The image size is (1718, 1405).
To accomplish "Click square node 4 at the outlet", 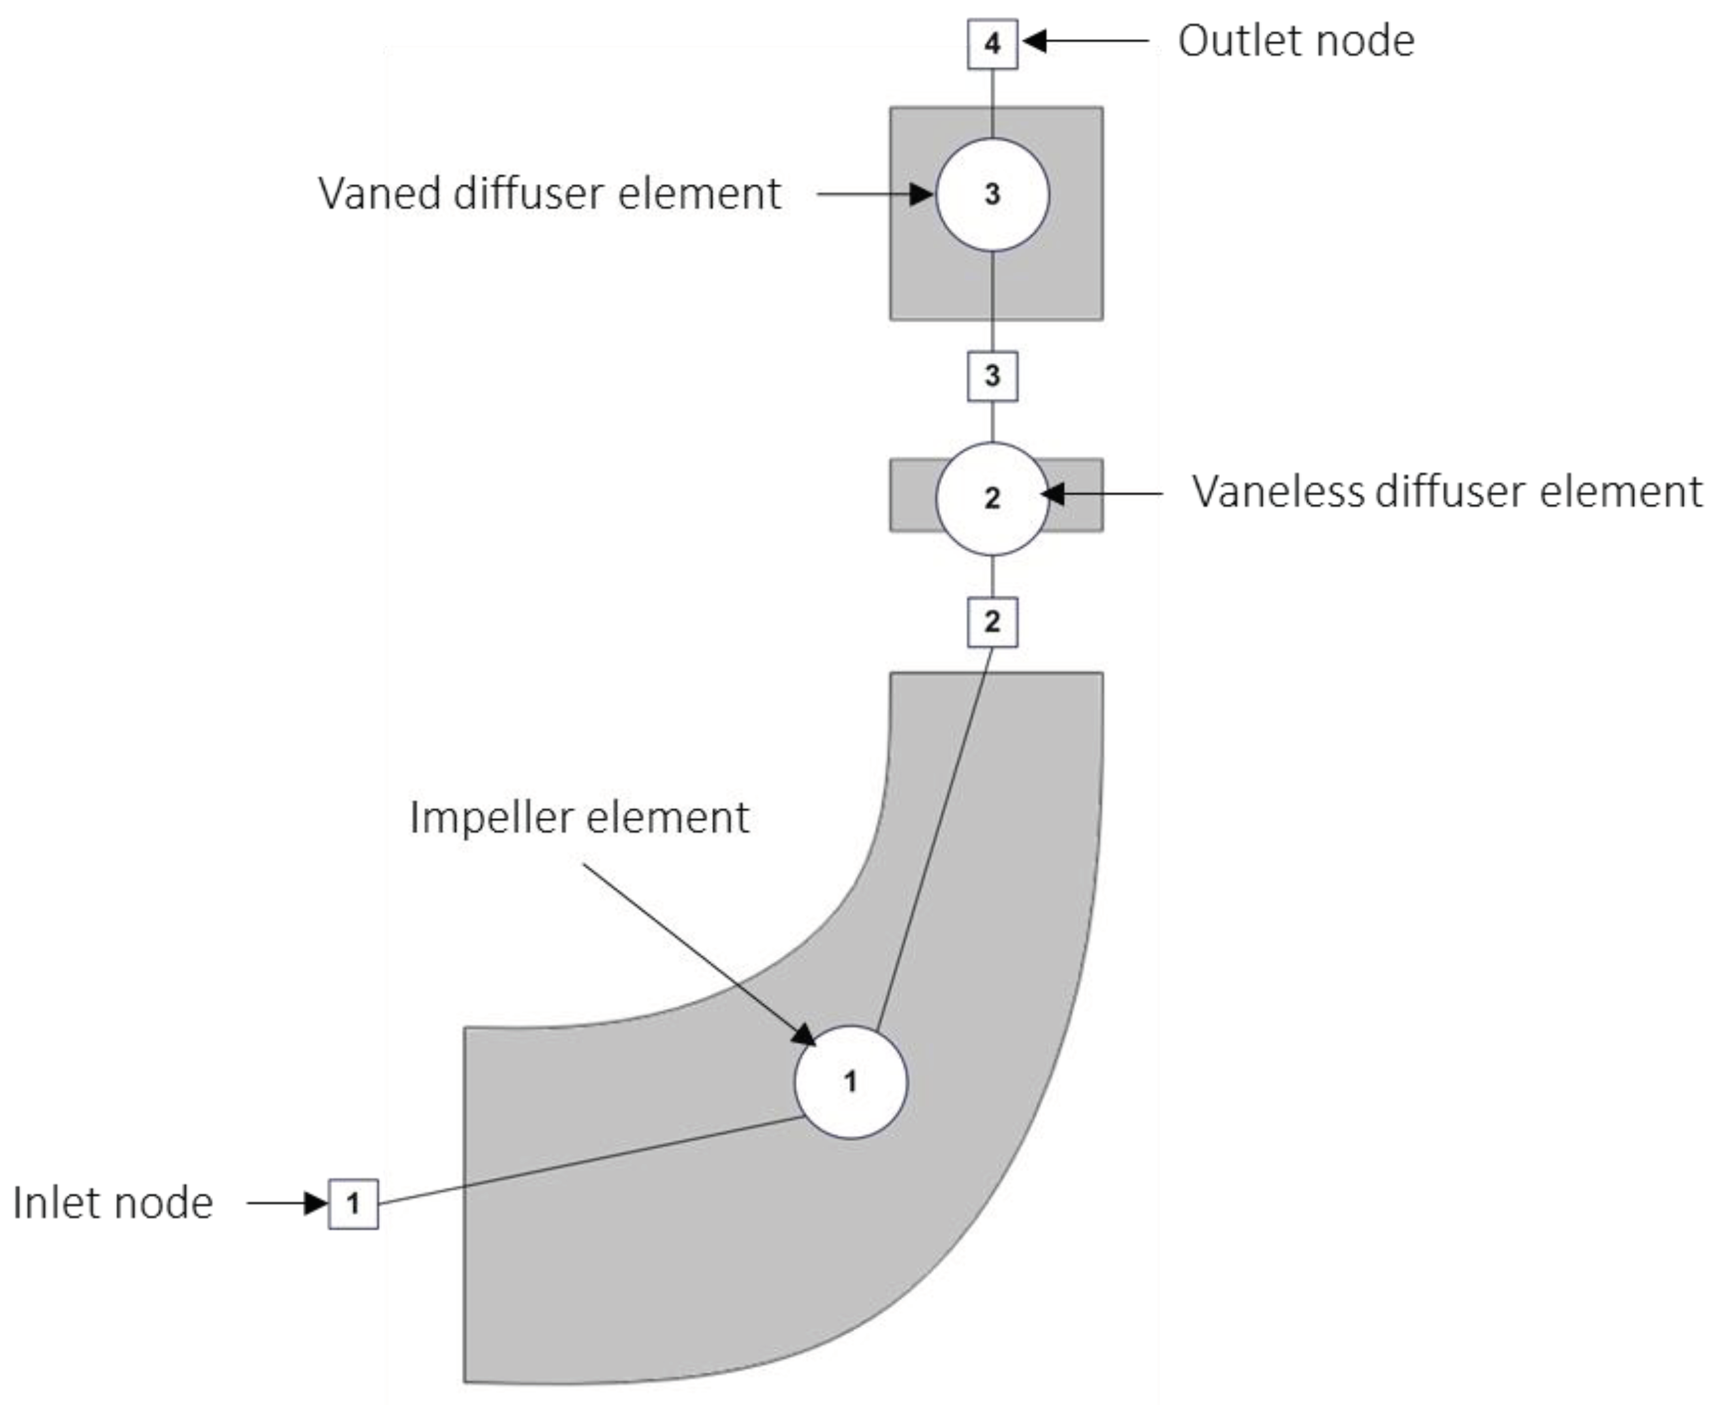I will click(x=992, y=44).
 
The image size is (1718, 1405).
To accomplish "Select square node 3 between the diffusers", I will click(x=992, y=376).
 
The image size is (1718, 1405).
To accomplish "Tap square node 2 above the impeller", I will click(x=992, y=622).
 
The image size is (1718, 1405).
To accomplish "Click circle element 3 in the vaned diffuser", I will click(x=992, y=195).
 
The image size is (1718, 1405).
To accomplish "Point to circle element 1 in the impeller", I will click(x=851, y=1082).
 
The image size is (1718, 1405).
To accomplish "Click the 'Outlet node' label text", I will click(x=1296, y=40).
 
